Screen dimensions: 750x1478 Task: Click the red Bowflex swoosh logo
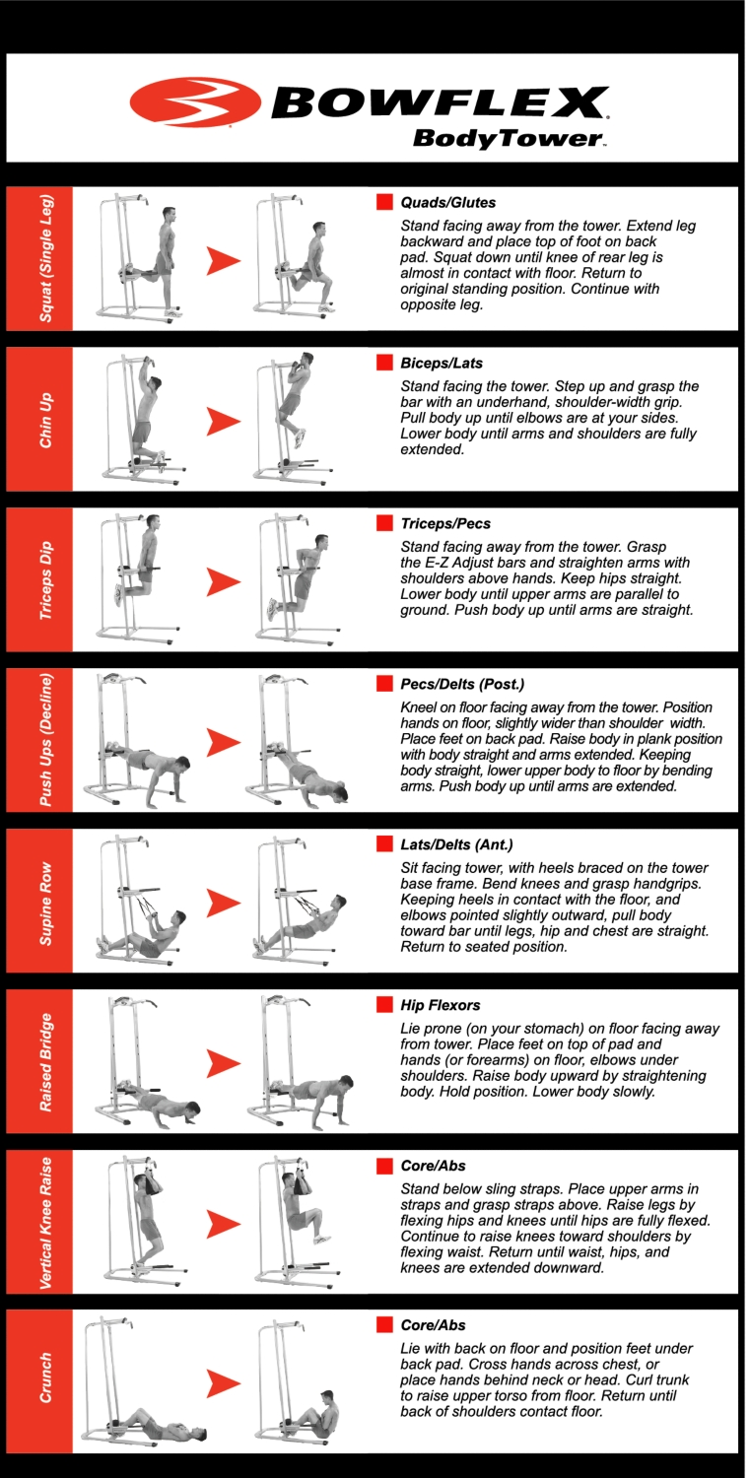tap(195, 102)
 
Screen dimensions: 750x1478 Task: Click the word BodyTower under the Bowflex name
tap(509, 139)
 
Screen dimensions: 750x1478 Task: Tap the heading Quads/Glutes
tap(447, 203)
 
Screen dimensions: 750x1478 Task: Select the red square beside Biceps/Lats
tap(384, 363)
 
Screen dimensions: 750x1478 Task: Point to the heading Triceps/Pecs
tap(445, 524)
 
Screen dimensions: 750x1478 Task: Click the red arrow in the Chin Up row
tap(224, 422)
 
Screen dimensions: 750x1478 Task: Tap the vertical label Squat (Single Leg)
tap(45, 258)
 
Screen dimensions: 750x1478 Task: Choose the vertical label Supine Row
tap(45, 904)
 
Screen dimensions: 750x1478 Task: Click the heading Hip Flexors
tap(441, 1006)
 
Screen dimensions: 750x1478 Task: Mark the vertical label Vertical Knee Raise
tap(45, 1224)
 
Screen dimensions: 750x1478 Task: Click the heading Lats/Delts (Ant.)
tap(456, 844)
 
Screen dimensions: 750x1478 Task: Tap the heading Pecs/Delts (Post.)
tap(462, 684)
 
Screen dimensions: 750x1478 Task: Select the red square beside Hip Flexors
tap(384, 1004)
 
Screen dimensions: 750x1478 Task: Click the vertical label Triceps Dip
tap(45, 580)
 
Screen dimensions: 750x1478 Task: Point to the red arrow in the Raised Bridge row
tap(224, 1063)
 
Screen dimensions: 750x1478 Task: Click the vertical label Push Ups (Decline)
tap(45, 740)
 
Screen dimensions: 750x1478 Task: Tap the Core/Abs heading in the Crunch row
tap(433, 1325)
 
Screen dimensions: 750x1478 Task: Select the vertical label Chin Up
tap(45, 421)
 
